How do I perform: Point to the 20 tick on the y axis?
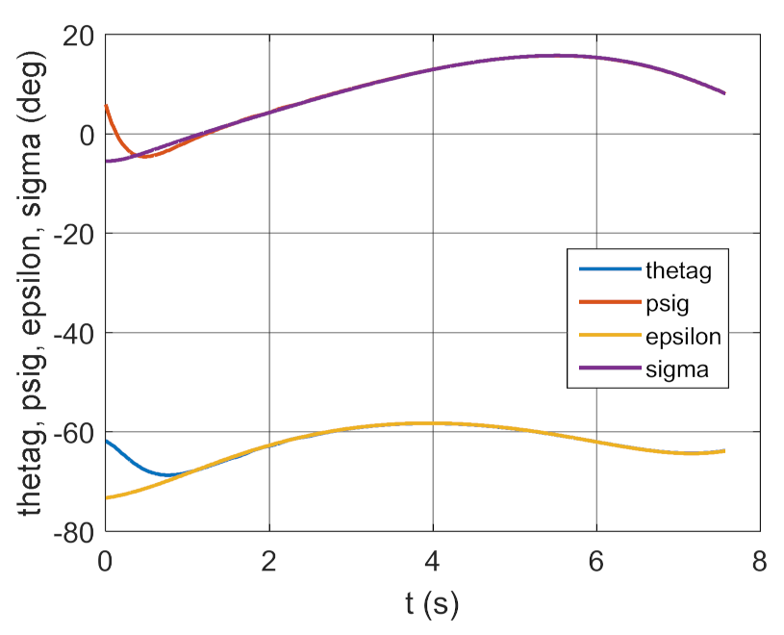77,36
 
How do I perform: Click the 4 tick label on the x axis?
433,561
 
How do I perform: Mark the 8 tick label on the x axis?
760,561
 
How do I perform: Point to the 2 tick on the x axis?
269,561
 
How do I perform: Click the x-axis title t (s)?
431,604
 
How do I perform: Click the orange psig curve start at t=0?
106,106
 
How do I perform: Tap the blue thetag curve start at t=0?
106,441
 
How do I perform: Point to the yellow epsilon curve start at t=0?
106,497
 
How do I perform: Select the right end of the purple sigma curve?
724,92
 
